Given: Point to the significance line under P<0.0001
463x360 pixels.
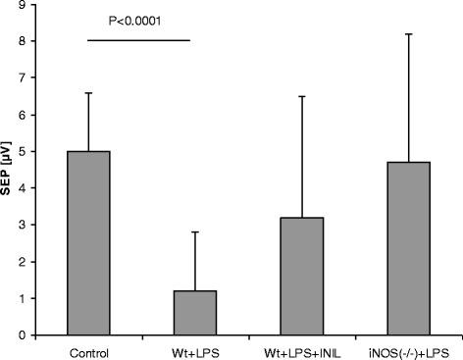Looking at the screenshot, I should pos(137,40).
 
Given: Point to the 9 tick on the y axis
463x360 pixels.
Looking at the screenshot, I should pos(48,5).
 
